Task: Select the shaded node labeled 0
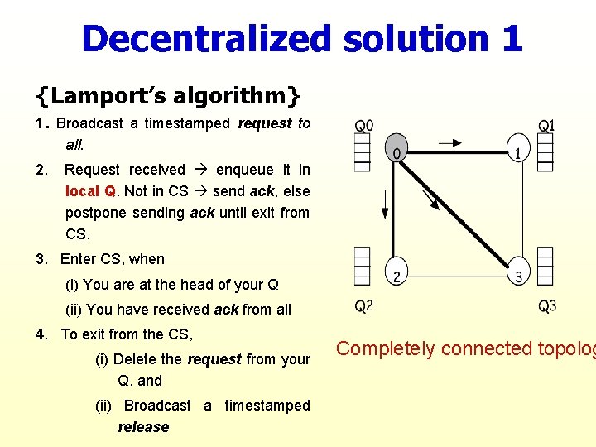[397, 149]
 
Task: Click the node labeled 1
[518, 149]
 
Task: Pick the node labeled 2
[397, 273]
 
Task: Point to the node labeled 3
[518, 273]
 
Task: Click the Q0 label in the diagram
[364, 126]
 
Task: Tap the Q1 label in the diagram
[546, 126]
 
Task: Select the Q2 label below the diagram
[364, 307]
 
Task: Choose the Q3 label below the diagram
[547, 307]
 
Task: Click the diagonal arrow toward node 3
[429, 197]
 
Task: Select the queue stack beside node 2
[363, 267]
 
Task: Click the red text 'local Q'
[91, 191]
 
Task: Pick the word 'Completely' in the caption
[386, 348]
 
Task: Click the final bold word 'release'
[143, 427]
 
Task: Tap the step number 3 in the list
[41, 259]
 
